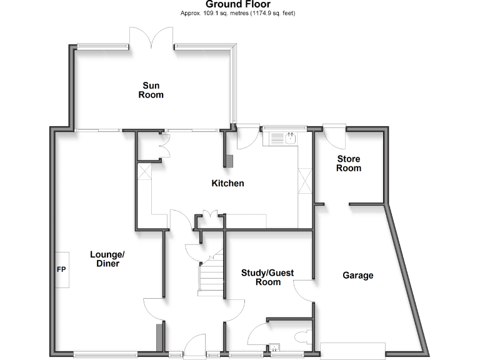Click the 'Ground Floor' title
[238, 4]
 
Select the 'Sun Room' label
[152, 90]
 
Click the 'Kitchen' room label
[227, 183]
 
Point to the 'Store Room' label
[349, 164]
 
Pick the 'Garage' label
[358, 275]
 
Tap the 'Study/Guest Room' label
[268, 277]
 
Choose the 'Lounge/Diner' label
[107, 259]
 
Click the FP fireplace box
[61, 269]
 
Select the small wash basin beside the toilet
[274, 348]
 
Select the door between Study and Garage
[303, 291]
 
